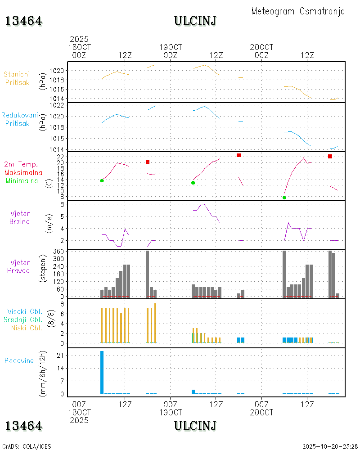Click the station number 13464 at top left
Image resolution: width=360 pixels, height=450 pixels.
[x=24, y=21]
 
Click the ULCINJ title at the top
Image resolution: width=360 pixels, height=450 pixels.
[x=195, y=21]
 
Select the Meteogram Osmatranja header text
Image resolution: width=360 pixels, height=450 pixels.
[x=298, y=11]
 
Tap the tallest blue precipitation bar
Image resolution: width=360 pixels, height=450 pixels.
[x=102, y=372]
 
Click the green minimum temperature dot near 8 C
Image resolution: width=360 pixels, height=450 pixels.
[x=284, y=198]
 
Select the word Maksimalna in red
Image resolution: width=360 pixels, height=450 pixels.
[x=23, y=172]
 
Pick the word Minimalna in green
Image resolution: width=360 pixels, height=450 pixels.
[x=22, y=180]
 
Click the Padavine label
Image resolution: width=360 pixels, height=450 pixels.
[x=19, y=360]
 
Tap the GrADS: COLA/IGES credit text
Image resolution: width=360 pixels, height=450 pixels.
[x=27, y=446]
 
